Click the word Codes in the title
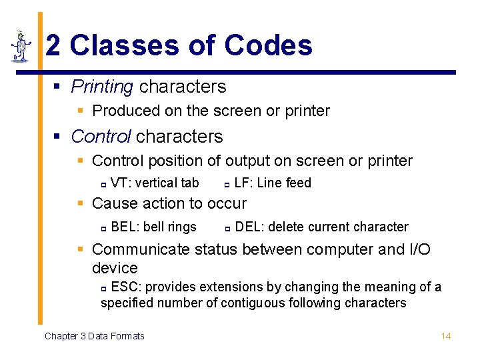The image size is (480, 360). click(x=268, y=45)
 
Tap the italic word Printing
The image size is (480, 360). click(x=102, y=87)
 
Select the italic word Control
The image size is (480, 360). click(x=101, y=137)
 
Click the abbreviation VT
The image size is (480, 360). click(x=119, y=183)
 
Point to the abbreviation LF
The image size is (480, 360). click(x=242, y=183)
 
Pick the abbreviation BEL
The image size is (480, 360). click(x=125, y=227)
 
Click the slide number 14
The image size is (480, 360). click(x=446, y=336)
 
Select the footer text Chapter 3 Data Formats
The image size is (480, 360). click(x=94, y=336)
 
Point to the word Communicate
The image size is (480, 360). click(x=141, y=249)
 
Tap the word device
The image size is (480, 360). click(x=115, y=268)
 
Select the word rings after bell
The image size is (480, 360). click(x=182, y=227)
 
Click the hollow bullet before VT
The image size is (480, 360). click(x=103, y=184)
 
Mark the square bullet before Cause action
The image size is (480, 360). click(x=81, y=203)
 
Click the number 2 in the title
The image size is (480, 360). click(x=53, y=45)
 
